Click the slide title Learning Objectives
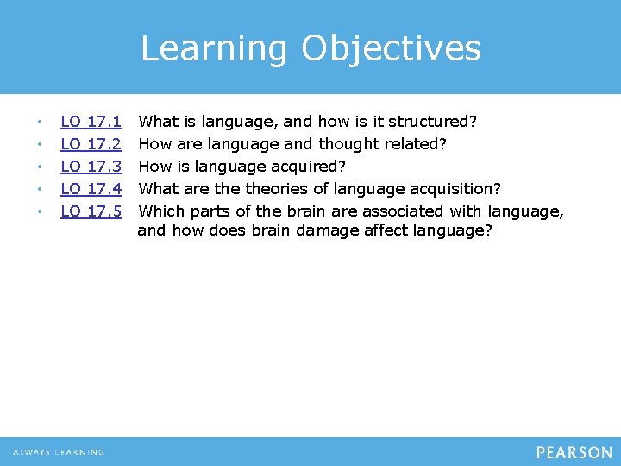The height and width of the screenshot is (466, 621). [310, 48]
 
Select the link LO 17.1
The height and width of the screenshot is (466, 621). [91, 122]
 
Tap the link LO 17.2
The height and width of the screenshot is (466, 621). [91, 143]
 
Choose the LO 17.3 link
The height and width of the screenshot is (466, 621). [91, 166]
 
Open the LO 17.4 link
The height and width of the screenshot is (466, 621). [91, 188]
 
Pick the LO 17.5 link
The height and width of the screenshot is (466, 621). [91, 210]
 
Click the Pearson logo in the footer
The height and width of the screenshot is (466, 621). [574, 452]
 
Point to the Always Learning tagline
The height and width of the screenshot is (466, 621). [59, 452]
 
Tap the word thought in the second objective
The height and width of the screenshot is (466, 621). [350, 143]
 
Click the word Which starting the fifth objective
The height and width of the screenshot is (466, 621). [160, 210]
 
